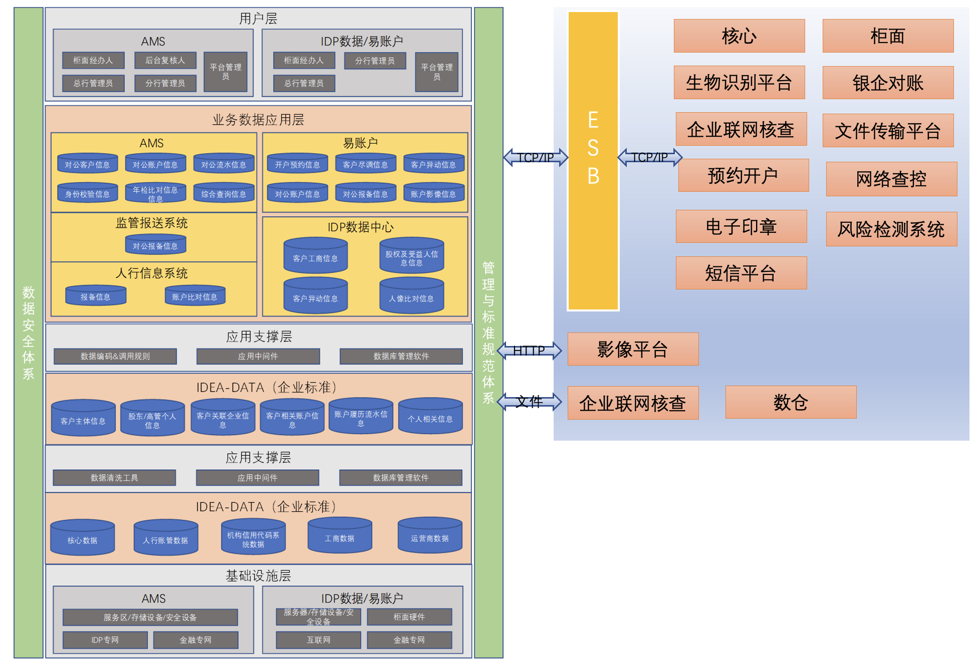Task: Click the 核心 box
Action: pos(739,36)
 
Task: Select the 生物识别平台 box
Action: pos(739,82)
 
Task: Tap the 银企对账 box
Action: pos(888,83)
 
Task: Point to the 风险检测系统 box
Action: pos(891,229)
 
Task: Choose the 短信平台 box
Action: pos(741,273)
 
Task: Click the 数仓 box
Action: pos(791,402)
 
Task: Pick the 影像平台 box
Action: pos(633,349)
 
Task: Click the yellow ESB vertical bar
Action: pos(593,161)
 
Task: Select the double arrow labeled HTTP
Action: pos(529,351)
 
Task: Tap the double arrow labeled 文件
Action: pos(529,402)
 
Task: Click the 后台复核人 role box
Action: pos(165,61)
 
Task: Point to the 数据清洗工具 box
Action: pos(114,478)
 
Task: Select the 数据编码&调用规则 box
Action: pos(115,356)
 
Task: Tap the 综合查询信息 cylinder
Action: pos(224,192)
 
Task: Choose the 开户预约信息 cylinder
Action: pos(298,163)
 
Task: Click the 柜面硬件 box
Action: pos(409,617)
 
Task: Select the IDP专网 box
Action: pos(105,640)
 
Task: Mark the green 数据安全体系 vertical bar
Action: pos(29,332)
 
